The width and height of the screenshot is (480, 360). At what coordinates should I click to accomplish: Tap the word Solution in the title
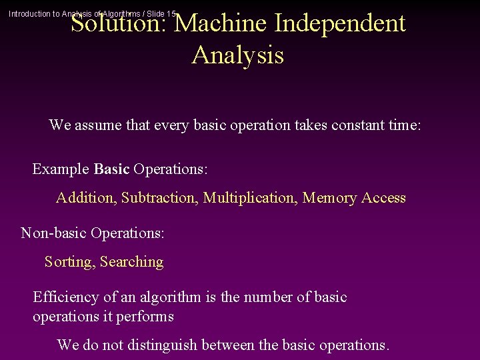click(120, 23)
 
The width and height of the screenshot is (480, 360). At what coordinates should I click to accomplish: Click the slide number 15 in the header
click(171, 13)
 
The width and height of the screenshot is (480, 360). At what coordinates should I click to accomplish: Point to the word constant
click(359, 125)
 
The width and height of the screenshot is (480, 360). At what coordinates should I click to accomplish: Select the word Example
click(61, 169)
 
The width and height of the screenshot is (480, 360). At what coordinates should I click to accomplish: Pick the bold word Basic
click(111, 169)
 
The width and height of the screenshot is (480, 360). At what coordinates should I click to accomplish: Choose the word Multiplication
click(250, 198)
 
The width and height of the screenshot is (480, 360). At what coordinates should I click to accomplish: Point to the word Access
click(383, 198)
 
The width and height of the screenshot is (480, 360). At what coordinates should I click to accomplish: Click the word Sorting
click(69, 262)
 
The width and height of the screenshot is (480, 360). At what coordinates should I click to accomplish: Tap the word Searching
click(131, 262)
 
